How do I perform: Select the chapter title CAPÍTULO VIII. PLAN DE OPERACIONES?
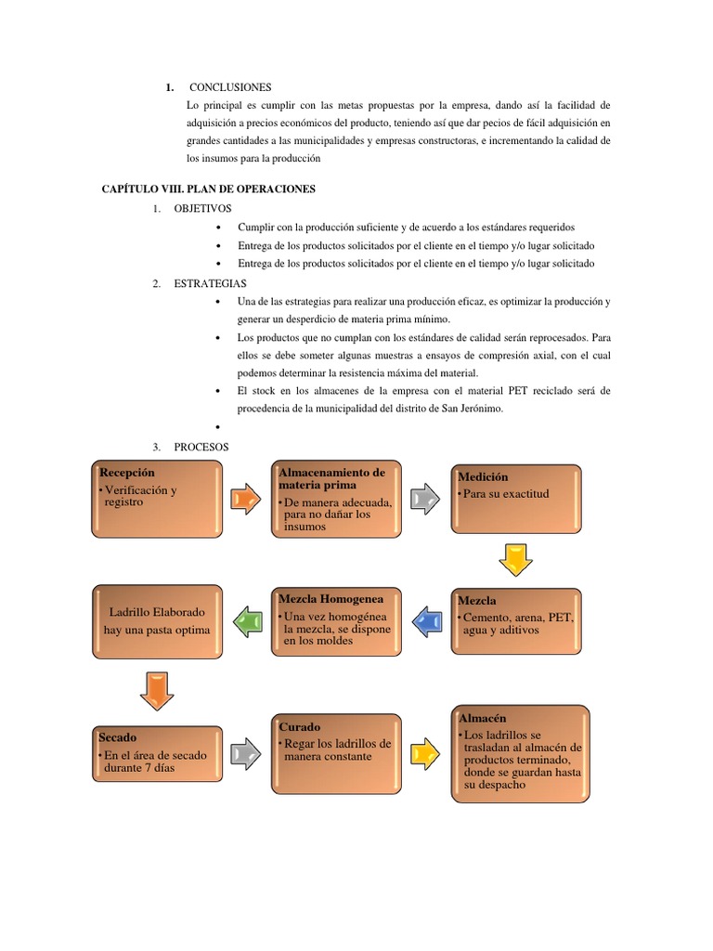click(208, 189)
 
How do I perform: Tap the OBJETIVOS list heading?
click(202, 208)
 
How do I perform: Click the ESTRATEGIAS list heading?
click(209, 283)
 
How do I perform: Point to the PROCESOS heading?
click(201, 447)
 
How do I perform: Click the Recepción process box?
click(156, 497)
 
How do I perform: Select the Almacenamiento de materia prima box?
click(336, 499)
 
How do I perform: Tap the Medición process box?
click(518, 498)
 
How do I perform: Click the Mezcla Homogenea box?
click(337, 619)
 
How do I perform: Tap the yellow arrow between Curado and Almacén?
click(424, 753)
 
